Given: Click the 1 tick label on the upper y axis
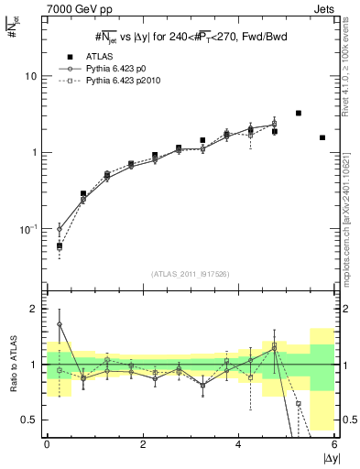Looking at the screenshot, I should coord(34,152).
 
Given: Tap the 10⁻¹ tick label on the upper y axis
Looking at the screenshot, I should coord(28,229).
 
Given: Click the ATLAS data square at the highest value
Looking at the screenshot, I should coord(299,114).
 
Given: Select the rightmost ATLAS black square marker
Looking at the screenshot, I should coord(322,137).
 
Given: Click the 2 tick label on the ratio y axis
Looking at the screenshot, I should coord(34,309).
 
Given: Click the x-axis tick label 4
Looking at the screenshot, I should coord(238,444).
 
